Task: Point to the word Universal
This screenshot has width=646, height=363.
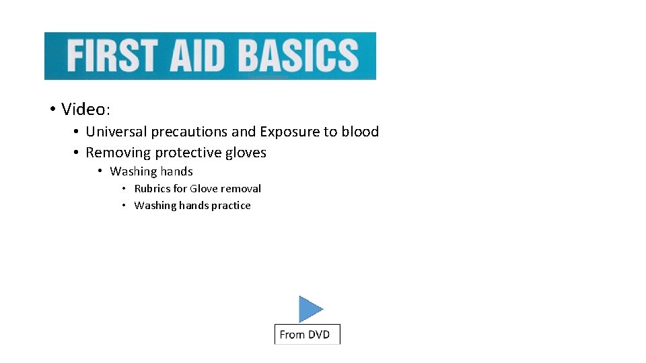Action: click(116, 132)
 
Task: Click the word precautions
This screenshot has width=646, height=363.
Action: click(189, 132)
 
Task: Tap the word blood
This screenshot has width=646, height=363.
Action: click(360, 132)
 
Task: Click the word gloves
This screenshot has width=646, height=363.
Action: click(247, 153)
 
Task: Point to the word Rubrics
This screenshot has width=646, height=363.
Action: click(153, 189)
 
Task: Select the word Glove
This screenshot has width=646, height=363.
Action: click(204, 189)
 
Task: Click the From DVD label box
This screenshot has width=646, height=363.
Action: click(308, 334)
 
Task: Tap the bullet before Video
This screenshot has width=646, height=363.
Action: click(51, 110)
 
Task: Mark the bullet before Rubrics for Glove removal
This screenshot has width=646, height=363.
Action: click(124, 189)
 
